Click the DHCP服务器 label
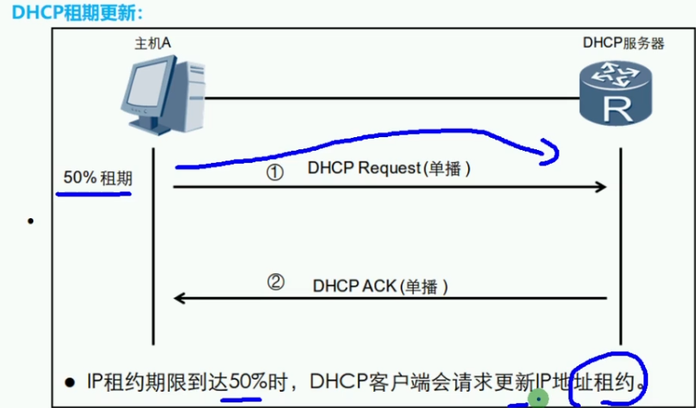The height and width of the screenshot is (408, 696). [x=623, y=43]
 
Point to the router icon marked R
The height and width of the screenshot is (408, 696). [x=617, y=95]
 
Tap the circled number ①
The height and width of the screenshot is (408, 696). [x=275, y=172]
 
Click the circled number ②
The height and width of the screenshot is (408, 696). [x=276, y=283]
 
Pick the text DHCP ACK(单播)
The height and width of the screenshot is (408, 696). [x=380, y=286]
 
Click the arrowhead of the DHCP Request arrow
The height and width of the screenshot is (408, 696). [x=602, y=187]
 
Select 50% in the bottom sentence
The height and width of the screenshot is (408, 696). [x=247, y=380]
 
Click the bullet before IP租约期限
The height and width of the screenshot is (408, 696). [x=71, y=381]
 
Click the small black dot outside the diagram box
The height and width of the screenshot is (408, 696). [x=30, y=221]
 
